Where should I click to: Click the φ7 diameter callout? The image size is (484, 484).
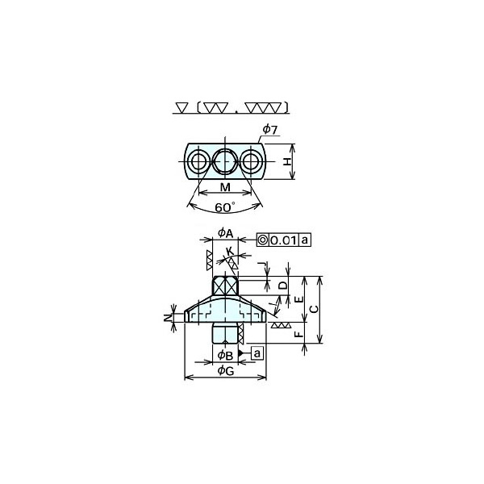tap(269, 130)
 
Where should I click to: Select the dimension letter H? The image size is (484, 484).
tap(287, 161)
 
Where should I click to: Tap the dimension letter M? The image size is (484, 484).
tap(225, 187)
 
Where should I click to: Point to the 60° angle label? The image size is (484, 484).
tap(225, 207)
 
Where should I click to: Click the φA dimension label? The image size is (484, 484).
tap(225, 233)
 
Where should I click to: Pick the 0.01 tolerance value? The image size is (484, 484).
tap(284, 240)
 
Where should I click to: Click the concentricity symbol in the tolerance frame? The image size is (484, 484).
tap(263, 240)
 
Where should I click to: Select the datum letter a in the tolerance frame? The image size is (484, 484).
tap(304, 240)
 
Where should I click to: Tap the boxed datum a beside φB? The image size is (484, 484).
tap(257, 353)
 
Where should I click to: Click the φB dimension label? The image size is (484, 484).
tap(225, 355)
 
